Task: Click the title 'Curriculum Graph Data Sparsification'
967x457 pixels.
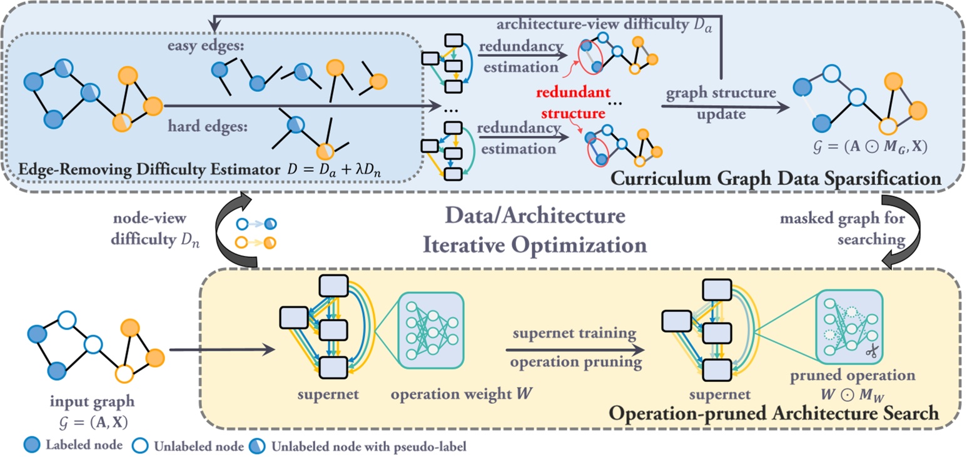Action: pos(776,179)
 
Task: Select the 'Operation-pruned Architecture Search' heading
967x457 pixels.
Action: pos(776,412)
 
